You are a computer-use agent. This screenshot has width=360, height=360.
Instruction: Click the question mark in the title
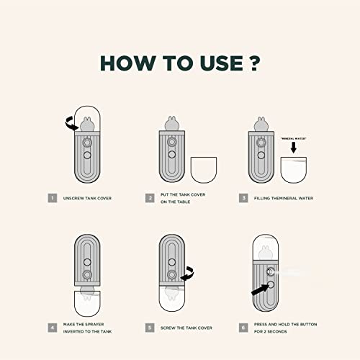(253, 63)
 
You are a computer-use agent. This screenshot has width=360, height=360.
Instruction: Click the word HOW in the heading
(128, 63)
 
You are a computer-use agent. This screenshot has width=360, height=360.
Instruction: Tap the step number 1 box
(53, 198)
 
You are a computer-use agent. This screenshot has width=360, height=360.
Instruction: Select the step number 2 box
(150, 198)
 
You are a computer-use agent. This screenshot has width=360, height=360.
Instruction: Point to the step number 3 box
(243, 198)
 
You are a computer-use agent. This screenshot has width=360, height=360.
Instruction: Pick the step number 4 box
(53, 328)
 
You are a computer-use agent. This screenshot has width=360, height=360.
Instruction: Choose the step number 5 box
(150, 328)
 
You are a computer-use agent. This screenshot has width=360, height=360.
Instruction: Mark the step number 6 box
(243, 328)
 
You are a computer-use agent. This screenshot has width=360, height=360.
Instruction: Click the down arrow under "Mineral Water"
(294, 148)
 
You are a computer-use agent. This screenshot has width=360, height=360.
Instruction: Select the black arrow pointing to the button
(260, 289)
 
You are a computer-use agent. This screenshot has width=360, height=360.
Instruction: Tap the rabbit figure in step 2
(171, 124)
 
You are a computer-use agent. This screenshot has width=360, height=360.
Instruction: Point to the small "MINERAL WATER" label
(294, 138)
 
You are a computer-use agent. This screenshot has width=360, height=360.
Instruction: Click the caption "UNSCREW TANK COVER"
(87, 198)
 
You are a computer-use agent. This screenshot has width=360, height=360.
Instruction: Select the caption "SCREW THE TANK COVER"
(186, 328)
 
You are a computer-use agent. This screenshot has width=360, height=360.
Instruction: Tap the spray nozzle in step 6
(270, 272)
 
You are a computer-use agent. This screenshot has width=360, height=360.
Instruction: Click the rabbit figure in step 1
(87, 124)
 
